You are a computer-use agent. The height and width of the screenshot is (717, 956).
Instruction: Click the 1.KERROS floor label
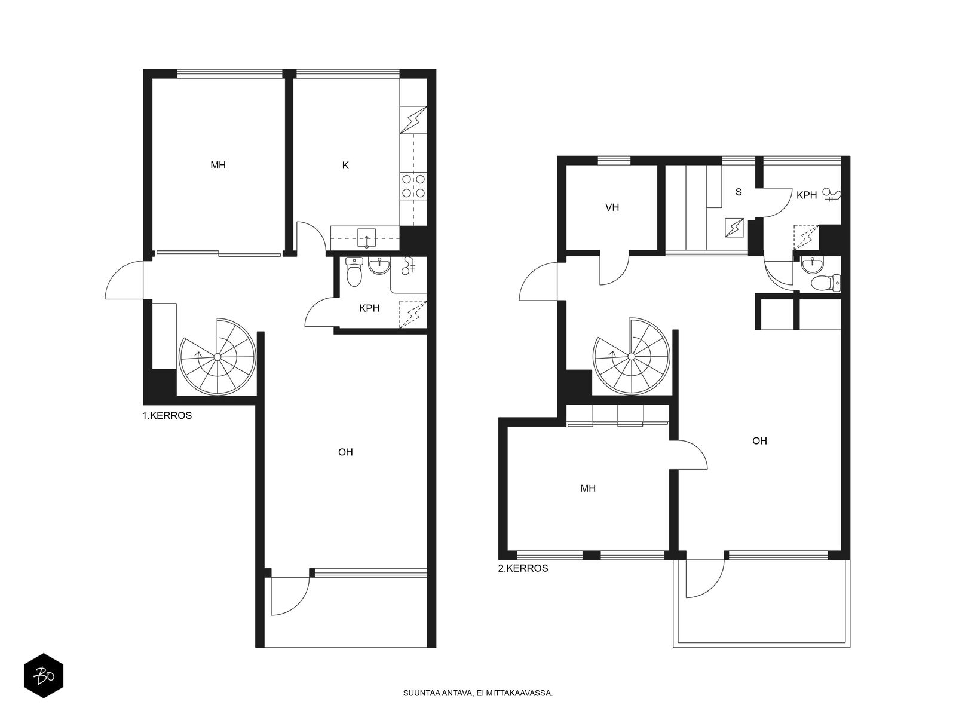coord(167,415)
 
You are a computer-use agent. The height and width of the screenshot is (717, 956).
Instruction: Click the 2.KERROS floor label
coord(523,568)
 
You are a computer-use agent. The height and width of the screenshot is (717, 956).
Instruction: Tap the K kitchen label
coord(345,166)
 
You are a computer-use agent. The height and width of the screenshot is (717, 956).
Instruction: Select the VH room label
coord(612,208)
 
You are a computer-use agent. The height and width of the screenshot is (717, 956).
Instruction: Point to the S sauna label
coord(739,192)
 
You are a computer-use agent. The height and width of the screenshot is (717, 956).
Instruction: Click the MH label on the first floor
coord(218,165)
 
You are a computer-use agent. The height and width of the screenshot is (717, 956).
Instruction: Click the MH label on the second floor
coord(588,488)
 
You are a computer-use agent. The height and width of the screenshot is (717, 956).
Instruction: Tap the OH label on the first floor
coord(345,452)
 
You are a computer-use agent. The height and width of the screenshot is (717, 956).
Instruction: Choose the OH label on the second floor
coord(759,441)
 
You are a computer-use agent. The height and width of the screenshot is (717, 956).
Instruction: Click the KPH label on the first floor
coord(369,308)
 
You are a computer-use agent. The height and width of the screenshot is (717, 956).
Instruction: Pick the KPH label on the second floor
coord(807,195)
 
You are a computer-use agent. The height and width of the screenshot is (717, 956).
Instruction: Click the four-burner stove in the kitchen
coord(413,186)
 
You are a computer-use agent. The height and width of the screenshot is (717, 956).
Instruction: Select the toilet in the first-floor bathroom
coord(354,272)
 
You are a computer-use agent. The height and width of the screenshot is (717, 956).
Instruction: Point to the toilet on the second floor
coord(826,283)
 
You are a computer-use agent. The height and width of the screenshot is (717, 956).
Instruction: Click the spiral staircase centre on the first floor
coord(217,357)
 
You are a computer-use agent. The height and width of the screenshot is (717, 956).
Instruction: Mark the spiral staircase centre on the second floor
coord(631,357)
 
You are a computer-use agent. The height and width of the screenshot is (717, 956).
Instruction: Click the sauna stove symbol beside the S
coord(735,228)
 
